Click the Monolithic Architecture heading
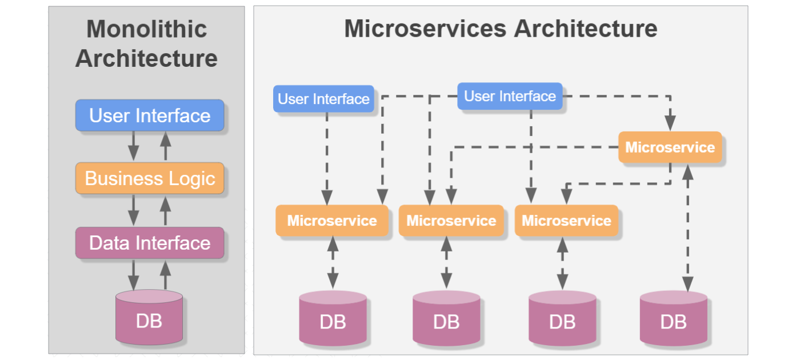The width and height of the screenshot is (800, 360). coord(146,44)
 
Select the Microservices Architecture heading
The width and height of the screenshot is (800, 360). coord(500,29)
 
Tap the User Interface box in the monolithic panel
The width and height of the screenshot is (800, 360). coord(150,115)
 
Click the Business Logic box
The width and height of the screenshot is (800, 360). coord(150,178)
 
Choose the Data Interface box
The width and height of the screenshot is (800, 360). coord(150,243)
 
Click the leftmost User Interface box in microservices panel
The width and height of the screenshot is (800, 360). coord(323,99)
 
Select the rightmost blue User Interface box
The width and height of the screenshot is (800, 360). coord(510,96)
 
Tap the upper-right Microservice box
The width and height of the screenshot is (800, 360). coord(670,147)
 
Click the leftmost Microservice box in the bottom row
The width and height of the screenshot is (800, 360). coord(332,221)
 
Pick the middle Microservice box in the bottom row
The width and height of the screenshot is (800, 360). coord(451,221)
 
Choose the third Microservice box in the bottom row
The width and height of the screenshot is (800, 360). coord(566,221)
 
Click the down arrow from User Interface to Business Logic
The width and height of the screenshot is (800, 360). coord(133,146)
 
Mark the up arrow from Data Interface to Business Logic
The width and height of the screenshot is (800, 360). coord(165,210)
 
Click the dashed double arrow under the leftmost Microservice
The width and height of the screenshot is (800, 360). coord(332,262)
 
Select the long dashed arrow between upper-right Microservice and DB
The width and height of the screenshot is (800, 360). coord(688,229)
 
